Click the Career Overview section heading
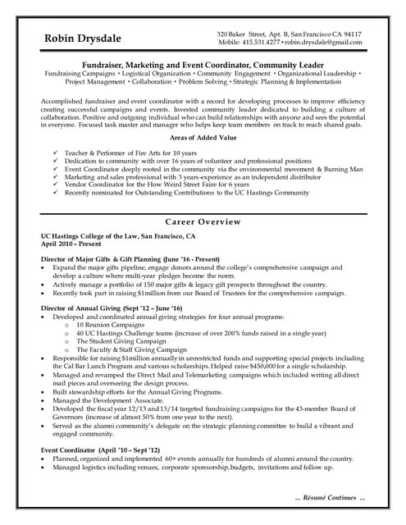pos(203,221)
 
